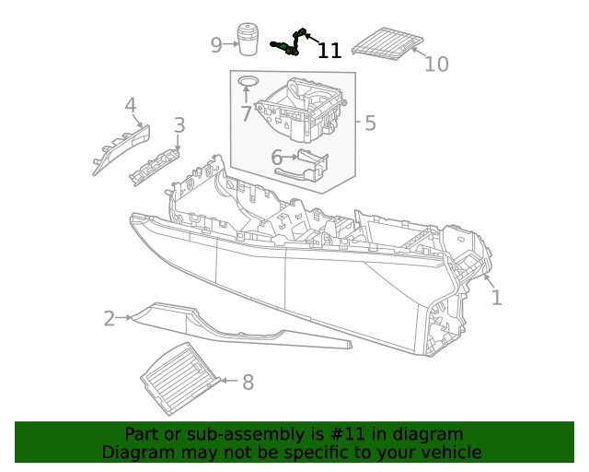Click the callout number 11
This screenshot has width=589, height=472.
point(329,52)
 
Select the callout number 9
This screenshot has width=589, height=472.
point(216,44)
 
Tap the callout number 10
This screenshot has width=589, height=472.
point(437,64)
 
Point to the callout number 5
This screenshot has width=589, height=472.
point(370,123)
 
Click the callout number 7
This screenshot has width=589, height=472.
point(246,114)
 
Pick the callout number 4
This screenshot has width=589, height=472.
point(131,105)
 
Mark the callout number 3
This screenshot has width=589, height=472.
point(179,124)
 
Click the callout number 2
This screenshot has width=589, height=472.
point(110,319)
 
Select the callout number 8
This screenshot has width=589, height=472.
point(248,382)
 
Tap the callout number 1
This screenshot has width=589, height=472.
point(496,298)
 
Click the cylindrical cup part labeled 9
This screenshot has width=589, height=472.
point(247,41)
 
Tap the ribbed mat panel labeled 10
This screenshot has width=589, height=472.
point(387,43)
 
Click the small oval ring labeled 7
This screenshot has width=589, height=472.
point(247,82)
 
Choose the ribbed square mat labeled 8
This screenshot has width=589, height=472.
point(180,377)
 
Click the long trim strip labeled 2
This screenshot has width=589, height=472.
point(230,326)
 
